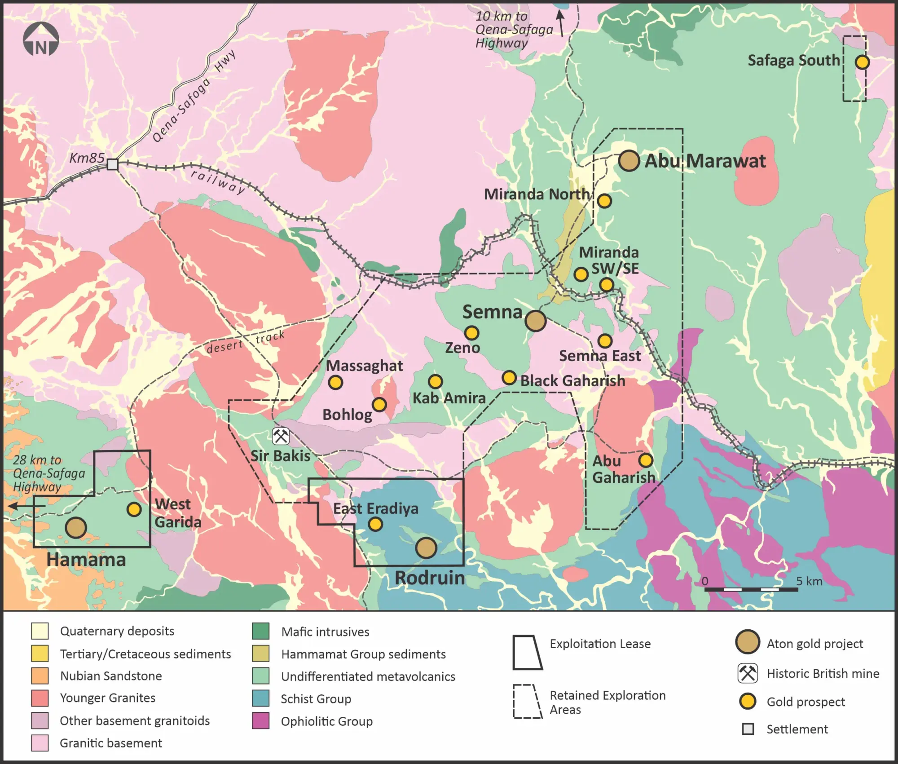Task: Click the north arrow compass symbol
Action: [41, 40]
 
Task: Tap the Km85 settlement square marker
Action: [112, 164]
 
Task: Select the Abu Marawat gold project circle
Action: [629, 160]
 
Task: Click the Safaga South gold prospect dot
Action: [862, 62]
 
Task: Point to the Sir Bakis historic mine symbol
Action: [281, 436]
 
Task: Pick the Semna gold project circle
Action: [535, 321]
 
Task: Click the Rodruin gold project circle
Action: [426, 548]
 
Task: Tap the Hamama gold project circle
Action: [76, 527]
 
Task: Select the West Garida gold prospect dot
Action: [134, 509]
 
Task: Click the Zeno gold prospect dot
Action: [471, 333]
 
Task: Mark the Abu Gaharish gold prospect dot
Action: [646, 460]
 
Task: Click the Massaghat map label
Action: [364, 366]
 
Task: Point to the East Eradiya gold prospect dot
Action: [375, 524]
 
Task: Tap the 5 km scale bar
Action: [751, 589]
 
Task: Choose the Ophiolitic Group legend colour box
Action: [261, 721]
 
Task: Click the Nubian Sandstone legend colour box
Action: [40, 676]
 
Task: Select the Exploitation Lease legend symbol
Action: [528, 652]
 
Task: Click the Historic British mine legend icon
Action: [748, 673]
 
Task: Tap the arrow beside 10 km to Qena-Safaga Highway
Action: [561, 23]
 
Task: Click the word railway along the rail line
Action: [218, 181]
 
